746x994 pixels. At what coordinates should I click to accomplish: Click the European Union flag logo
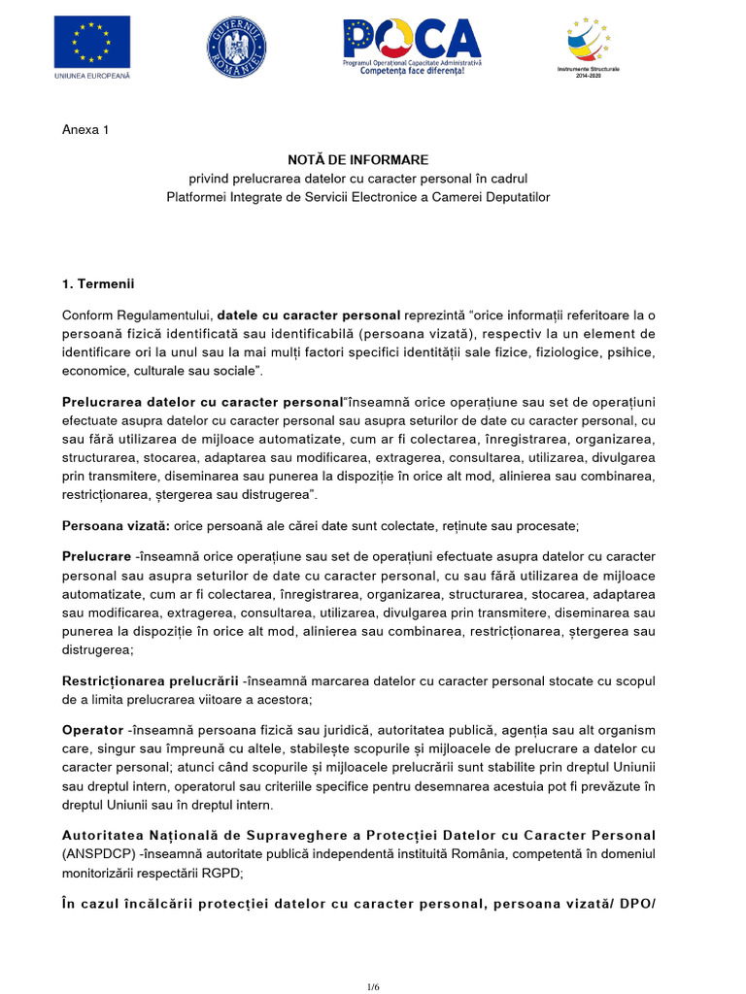pyautogui.click(x=92, y=41)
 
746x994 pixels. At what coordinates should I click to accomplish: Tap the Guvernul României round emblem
pyautogui.click(x=236, y=44)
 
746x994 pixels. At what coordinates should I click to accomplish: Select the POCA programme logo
pyautogui.click(x=412, y=39)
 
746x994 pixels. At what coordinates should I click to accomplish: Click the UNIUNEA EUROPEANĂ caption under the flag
pyautogui.click(x=92, y=75)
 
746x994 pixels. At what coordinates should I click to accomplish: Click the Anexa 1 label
pyautogui.click(x=85, y=130)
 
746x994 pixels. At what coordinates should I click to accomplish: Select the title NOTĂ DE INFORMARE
pyautogui.click(x=357, y=159)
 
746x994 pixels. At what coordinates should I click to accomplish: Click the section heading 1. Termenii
pyautogui.click(x=97, y=284)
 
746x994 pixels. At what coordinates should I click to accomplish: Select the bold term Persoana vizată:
pyautogui.click(x=116, y=525)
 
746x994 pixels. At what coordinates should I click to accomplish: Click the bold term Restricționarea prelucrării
pyautogui.click(x=150, y=681)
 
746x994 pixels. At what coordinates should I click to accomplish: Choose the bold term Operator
pyautogui.click(x=92, y=729)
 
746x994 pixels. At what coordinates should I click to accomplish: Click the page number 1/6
pyautogui.click(x=373, y=986)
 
